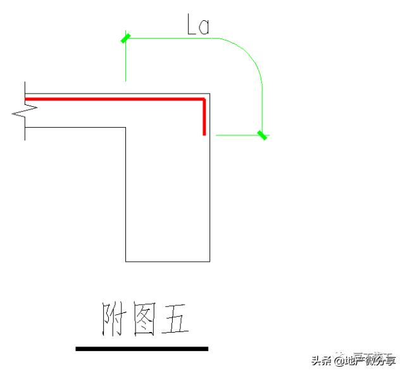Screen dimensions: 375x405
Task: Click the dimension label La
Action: point(198,25)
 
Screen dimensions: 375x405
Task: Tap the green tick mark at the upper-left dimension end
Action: point(126,39)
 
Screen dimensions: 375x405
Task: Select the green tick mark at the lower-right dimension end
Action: point(262,135)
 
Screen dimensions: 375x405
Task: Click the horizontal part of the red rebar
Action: point(114,99)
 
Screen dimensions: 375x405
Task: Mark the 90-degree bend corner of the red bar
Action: point(204,99)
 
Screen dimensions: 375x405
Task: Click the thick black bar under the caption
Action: point(142,348)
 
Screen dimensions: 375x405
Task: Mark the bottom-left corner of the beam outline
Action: point(125,261)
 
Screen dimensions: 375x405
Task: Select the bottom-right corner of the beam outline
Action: point(209,261)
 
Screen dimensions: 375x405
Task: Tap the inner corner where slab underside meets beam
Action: point(125,128)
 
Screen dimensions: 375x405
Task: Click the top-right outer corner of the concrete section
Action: point(209,92)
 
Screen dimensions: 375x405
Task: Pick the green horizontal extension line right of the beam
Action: point(237,135)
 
